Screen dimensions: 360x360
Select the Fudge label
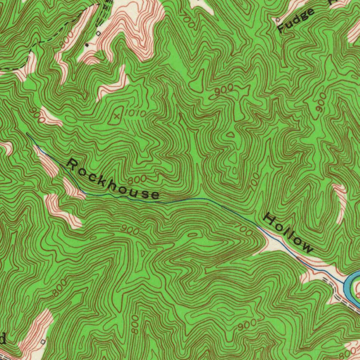pos(296,21)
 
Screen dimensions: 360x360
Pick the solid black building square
pos(87,45)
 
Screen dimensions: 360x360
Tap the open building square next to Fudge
pos(278,20)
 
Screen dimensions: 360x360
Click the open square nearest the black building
pos(98,33)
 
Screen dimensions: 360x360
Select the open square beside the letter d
pos(43,341)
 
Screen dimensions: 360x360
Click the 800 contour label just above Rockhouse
pos(137,180)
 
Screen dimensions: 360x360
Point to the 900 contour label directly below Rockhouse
pos(130,230)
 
